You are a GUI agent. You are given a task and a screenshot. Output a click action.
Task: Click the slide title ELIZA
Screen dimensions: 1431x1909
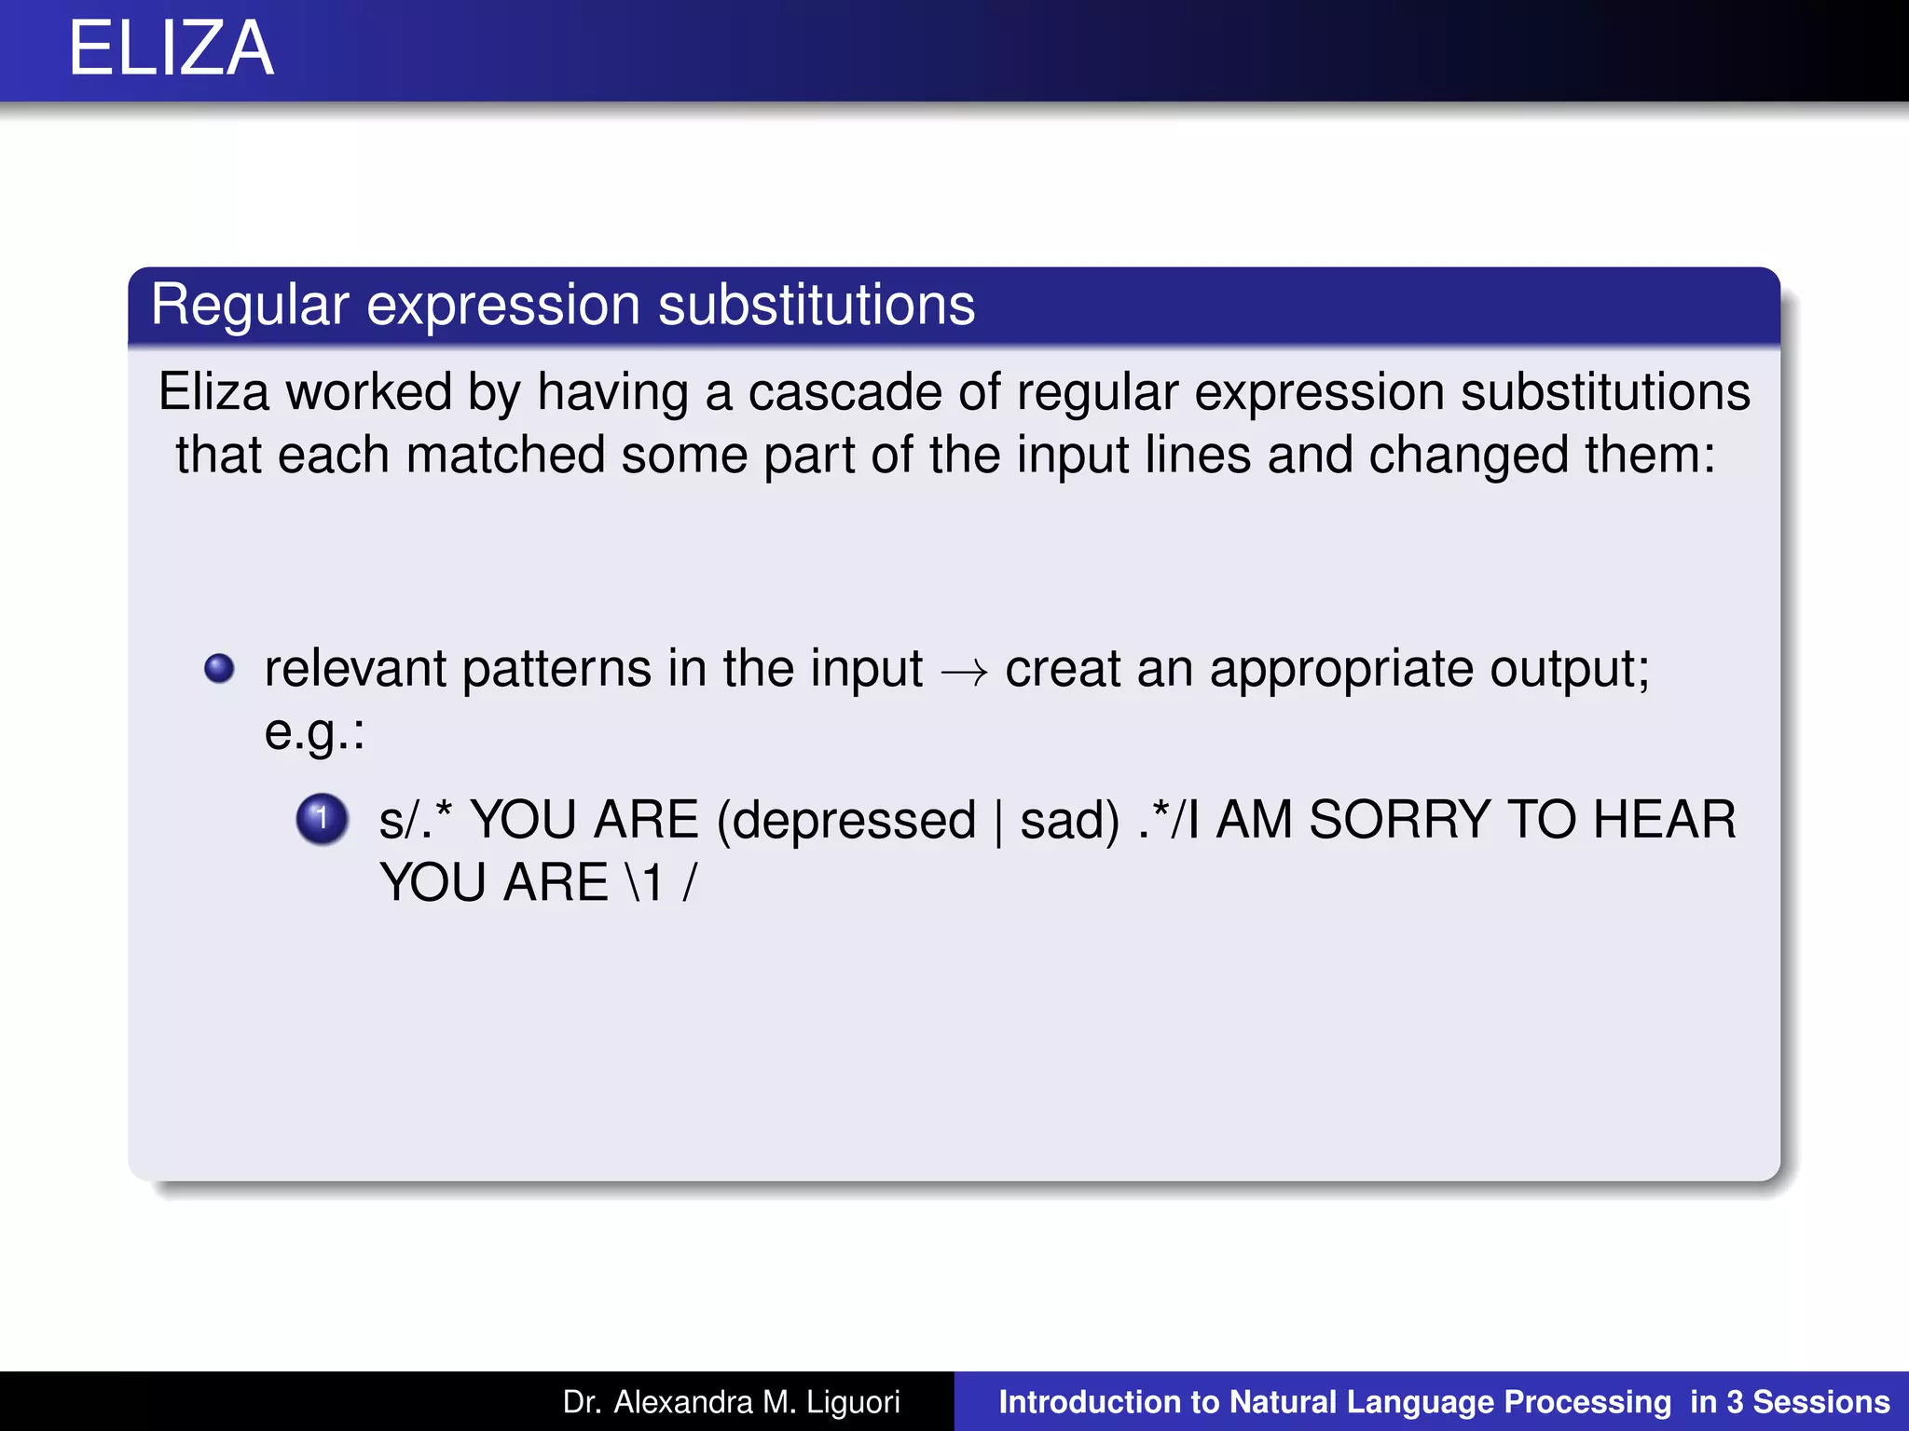click(x=172, y=48)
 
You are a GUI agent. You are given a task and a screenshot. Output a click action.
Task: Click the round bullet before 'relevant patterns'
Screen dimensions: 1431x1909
click(x=219, y=668)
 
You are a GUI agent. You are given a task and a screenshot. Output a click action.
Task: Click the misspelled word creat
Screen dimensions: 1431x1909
click(x=1063, y=669)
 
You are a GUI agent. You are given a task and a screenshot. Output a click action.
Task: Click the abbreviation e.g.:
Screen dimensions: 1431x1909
click(x=314, y=732)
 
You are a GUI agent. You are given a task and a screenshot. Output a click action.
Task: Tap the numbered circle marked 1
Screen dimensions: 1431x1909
click(x=322, y=819)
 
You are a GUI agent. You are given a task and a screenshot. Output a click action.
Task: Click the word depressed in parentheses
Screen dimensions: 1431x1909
click(x=846, y=821)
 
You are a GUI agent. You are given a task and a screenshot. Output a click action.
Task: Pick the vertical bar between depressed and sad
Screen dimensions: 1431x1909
click(x=998, y=823)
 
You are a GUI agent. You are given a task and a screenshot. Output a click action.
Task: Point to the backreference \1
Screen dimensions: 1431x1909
click(x=643, y=883)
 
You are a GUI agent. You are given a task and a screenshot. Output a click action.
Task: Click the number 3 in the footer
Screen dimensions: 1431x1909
click(x=1734, y=1402)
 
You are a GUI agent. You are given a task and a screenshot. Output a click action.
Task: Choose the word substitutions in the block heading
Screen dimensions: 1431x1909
click(x=817, y=306)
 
